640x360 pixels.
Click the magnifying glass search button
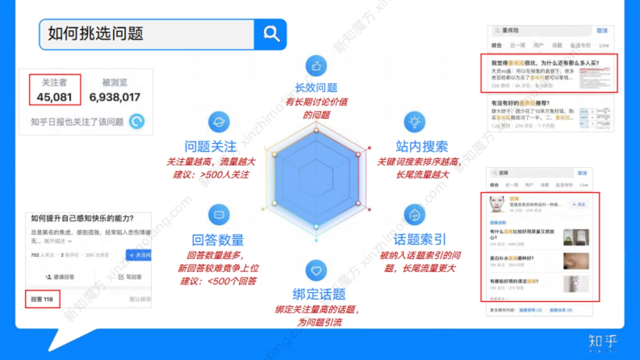(x=271, y=35)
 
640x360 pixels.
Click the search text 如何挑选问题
(x=95, y=34)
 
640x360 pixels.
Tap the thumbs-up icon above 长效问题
(x=316, y=66)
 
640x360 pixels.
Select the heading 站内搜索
(x=421, y=146)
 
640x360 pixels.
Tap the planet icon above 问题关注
(x=219, y=122)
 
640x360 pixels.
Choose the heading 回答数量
(x=218, y=240)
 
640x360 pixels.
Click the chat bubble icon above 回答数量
(x=219, y=215)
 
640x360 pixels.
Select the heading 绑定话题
(x=319, y=294)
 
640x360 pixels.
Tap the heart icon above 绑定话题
(x=316, y=270)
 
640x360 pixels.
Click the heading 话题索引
(x=420, y=239)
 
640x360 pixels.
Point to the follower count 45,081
(x=54, y=97)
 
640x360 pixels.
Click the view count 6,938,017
(x=115, y=97)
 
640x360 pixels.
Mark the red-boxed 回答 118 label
(x=42, y=299)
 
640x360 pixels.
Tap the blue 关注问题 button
(x=139, y=255)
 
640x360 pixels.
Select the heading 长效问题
(x=316, y=88)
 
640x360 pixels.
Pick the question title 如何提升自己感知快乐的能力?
(x=82, y=218)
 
